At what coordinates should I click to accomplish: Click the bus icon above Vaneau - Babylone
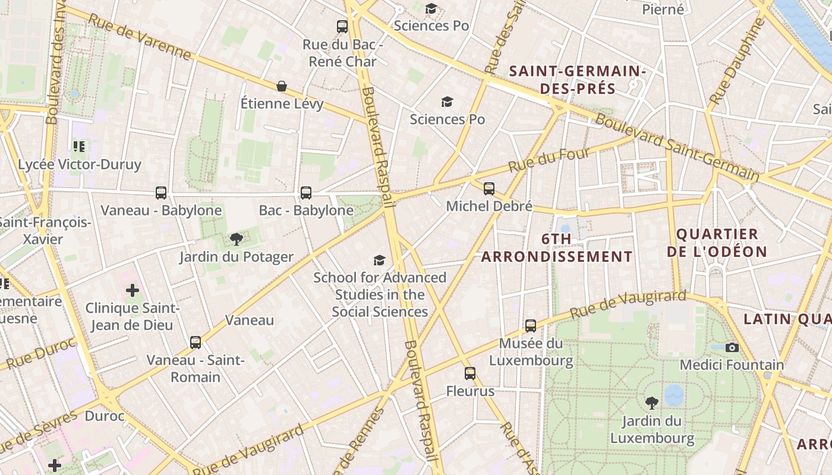[x=161, y=192]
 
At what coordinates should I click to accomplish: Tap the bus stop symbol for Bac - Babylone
[x=306, y=192]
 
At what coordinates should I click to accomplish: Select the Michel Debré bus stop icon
[x=489, y=188]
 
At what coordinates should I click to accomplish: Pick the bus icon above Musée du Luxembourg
[x=531, y=325]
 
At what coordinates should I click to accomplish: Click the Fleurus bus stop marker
[x=470, y=373]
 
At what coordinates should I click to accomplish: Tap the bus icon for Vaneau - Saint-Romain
[x=196, y=342]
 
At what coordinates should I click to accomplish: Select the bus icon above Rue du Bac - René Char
[x=342, y=26]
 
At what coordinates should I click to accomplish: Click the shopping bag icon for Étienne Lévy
[x=282, y=86]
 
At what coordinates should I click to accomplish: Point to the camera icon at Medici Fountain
[x=732, y=347]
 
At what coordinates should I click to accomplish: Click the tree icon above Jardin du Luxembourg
[x=652, y=403]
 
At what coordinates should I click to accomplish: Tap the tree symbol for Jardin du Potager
[x=237, y=239]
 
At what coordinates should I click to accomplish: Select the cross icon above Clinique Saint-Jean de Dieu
[x=132, y=290]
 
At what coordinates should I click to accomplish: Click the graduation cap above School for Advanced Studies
[x=379, y=259]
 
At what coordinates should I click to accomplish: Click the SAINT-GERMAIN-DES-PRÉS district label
[x=578, y=80]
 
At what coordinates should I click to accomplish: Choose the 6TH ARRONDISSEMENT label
[x=557, y=248]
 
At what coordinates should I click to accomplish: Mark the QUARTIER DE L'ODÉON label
[x=717, y=242]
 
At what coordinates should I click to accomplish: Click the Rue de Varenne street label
[x=140, y=37]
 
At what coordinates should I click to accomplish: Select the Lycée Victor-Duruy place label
[x=80, y=164]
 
